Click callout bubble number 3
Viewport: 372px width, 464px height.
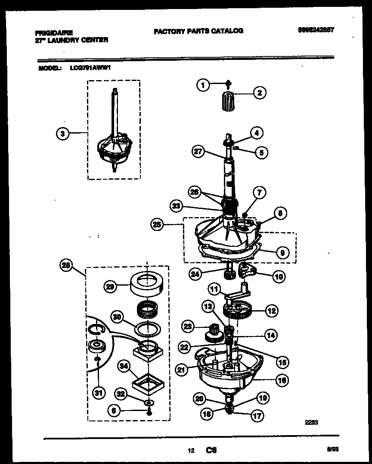62,134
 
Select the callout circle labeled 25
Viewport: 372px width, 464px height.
157,224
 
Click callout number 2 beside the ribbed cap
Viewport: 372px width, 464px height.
259,92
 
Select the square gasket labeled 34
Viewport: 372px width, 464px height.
148,383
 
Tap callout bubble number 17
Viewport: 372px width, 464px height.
258,416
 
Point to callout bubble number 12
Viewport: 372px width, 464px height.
271,310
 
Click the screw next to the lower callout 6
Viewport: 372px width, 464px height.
148,412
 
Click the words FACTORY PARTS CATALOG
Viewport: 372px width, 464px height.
198,31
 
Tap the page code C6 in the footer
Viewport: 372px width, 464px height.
211,451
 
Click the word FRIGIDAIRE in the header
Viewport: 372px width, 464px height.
53,33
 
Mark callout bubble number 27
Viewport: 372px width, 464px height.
198,152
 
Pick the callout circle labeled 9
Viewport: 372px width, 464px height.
282,253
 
